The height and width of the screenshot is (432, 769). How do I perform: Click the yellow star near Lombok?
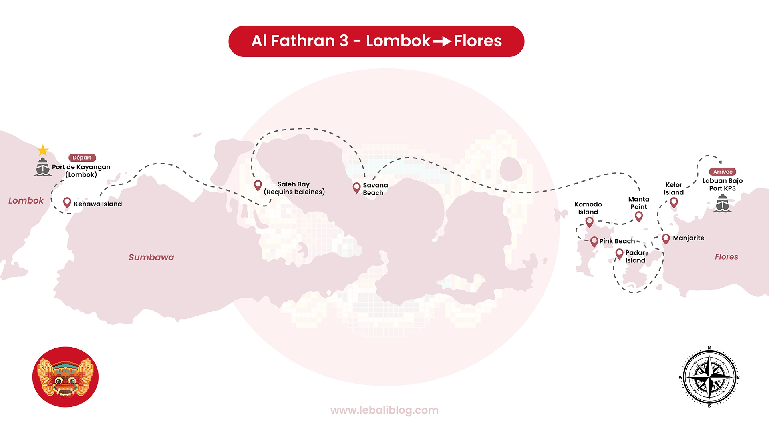click(43, 150)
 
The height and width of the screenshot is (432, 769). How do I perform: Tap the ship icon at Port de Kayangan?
click(42, 167)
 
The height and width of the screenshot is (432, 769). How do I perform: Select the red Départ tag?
click(82, 158)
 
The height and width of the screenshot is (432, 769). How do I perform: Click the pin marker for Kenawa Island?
click(67, 203)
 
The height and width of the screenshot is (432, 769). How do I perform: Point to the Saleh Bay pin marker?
click(258, 186)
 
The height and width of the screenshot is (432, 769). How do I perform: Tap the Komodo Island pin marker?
click(590, 222)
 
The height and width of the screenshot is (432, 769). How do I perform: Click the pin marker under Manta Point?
click(639, 217)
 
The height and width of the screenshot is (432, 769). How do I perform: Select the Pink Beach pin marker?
click(594, 242)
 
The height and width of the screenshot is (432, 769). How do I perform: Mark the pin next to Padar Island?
click(620, 254)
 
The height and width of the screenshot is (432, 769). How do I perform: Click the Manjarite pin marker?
click(666, 239)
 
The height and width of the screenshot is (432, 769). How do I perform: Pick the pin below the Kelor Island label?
click(674, 203)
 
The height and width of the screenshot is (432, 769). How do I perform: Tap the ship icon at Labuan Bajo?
click(723, 203)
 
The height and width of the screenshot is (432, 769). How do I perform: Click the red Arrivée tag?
click(723, 172)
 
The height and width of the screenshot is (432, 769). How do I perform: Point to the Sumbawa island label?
click(151, 257)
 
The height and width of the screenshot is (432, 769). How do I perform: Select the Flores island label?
click(726, 257)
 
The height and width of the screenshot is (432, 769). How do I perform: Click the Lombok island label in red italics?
click(26, 200)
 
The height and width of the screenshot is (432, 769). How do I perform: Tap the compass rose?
click(709, 377)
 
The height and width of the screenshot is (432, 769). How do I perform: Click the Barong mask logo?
click(65, 377)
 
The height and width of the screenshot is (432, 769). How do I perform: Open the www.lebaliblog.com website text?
click(384, 410)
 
